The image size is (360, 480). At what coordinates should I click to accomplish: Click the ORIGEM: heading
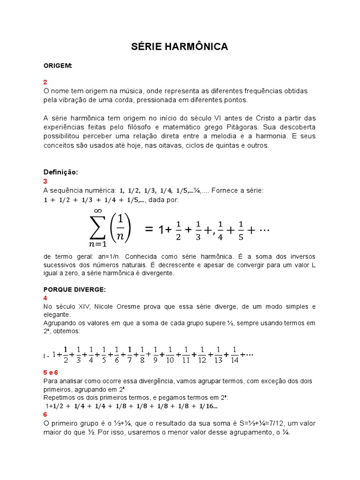point(58,66)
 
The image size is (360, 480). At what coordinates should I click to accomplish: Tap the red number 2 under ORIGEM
point(45,82)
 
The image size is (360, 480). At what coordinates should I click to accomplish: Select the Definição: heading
point(60,172)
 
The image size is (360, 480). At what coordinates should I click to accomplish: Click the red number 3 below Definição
point(45,181)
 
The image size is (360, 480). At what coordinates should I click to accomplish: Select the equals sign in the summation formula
point(149,230)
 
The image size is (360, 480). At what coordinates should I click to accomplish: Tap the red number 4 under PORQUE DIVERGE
point(45,298)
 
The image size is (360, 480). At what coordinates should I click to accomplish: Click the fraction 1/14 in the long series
point(234,355)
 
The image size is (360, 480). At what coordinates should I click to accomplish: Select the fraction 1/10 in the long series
point(169,355)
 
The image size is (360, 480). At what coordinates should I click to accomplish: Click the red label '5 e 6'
point(51,372)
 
